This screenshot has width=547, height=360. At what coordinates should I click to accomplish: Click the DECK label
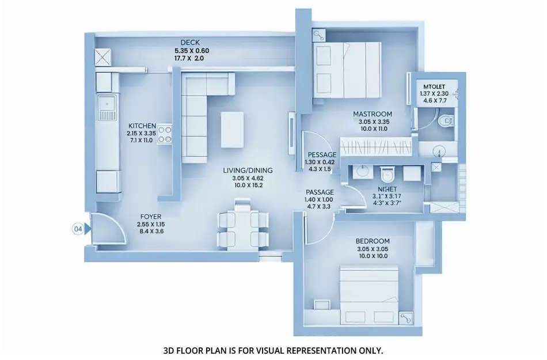(190, 43)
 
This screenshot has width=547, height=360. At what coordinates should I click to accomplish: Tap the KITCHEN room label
(142, 126)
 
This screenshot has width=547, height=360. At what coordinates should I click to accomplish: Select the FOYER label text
(151, 217)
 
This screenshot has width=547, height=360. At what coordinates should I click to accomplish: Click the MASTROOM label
(373, 114)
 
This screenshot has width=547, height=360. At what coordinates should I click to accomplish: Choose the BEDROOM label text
(373, 241)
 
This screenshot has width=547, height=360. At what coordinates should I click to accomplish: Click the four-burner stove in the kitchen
(165, 134)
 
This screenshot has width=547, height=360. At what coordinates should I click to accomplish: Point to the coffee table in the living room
(232, 130)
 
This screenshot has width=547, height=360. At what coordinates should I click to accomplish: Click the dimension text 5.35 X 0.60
(192, 51)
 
